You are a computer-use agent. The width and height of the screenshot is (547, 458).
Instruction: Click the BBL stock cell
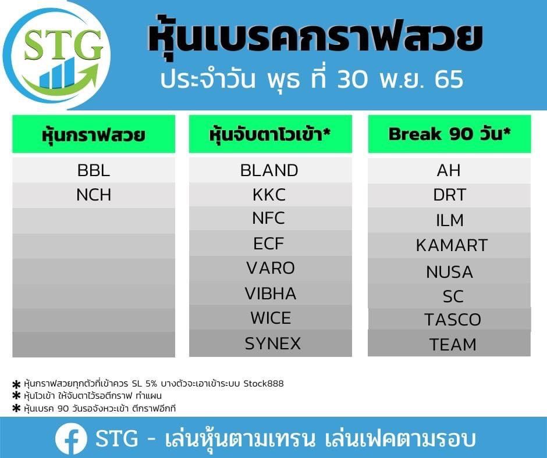pos(94,170)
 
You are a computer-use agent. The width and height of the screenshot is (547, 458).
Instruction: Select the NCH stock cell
pos(94,195)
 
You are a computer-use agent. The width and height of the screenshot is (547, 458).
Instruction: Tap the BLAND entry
pos(269,170)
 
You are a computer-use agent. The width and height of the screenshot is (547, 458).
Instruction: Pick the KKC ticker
pos(269,195)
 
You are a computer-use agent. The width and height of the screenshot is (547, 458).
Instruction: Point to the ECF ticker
pos(269,244)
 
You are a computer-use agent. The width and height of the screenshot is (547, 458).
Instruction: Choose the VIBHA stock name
pos(271,294)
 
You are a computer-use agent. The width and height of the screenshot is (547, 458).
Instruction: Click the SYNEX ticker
pos(273,343)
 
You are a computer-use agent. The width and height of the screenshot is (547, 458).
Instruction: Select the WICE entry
pos(271,318)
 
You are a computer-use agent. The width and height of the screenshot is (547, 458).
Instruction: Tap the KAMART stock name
pos(452,245)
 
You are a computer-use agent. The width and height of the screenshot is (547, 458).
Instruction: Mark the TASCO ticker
pos(453,320)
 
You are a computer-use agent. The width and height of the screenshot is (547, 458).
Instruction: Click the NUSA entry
pos(450,272)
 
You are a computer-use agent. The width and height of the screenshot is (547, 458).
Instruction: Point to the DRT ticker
pos(450,195)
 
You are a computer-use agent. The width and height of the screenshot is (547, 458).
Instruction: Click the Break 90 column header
pos(449,134)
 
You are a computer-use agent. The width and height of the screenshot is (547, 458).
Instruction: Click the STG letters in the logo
pos(63,45)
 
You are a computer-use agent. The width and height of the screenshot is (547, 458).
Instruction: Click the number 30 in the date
pos(352,79)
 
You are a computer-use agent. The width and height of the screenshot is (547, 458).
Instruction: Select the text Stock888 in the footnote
pos(264,384)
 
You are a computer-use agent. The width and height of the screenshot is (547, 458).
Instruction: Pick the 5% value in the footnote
pos(151,384)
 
